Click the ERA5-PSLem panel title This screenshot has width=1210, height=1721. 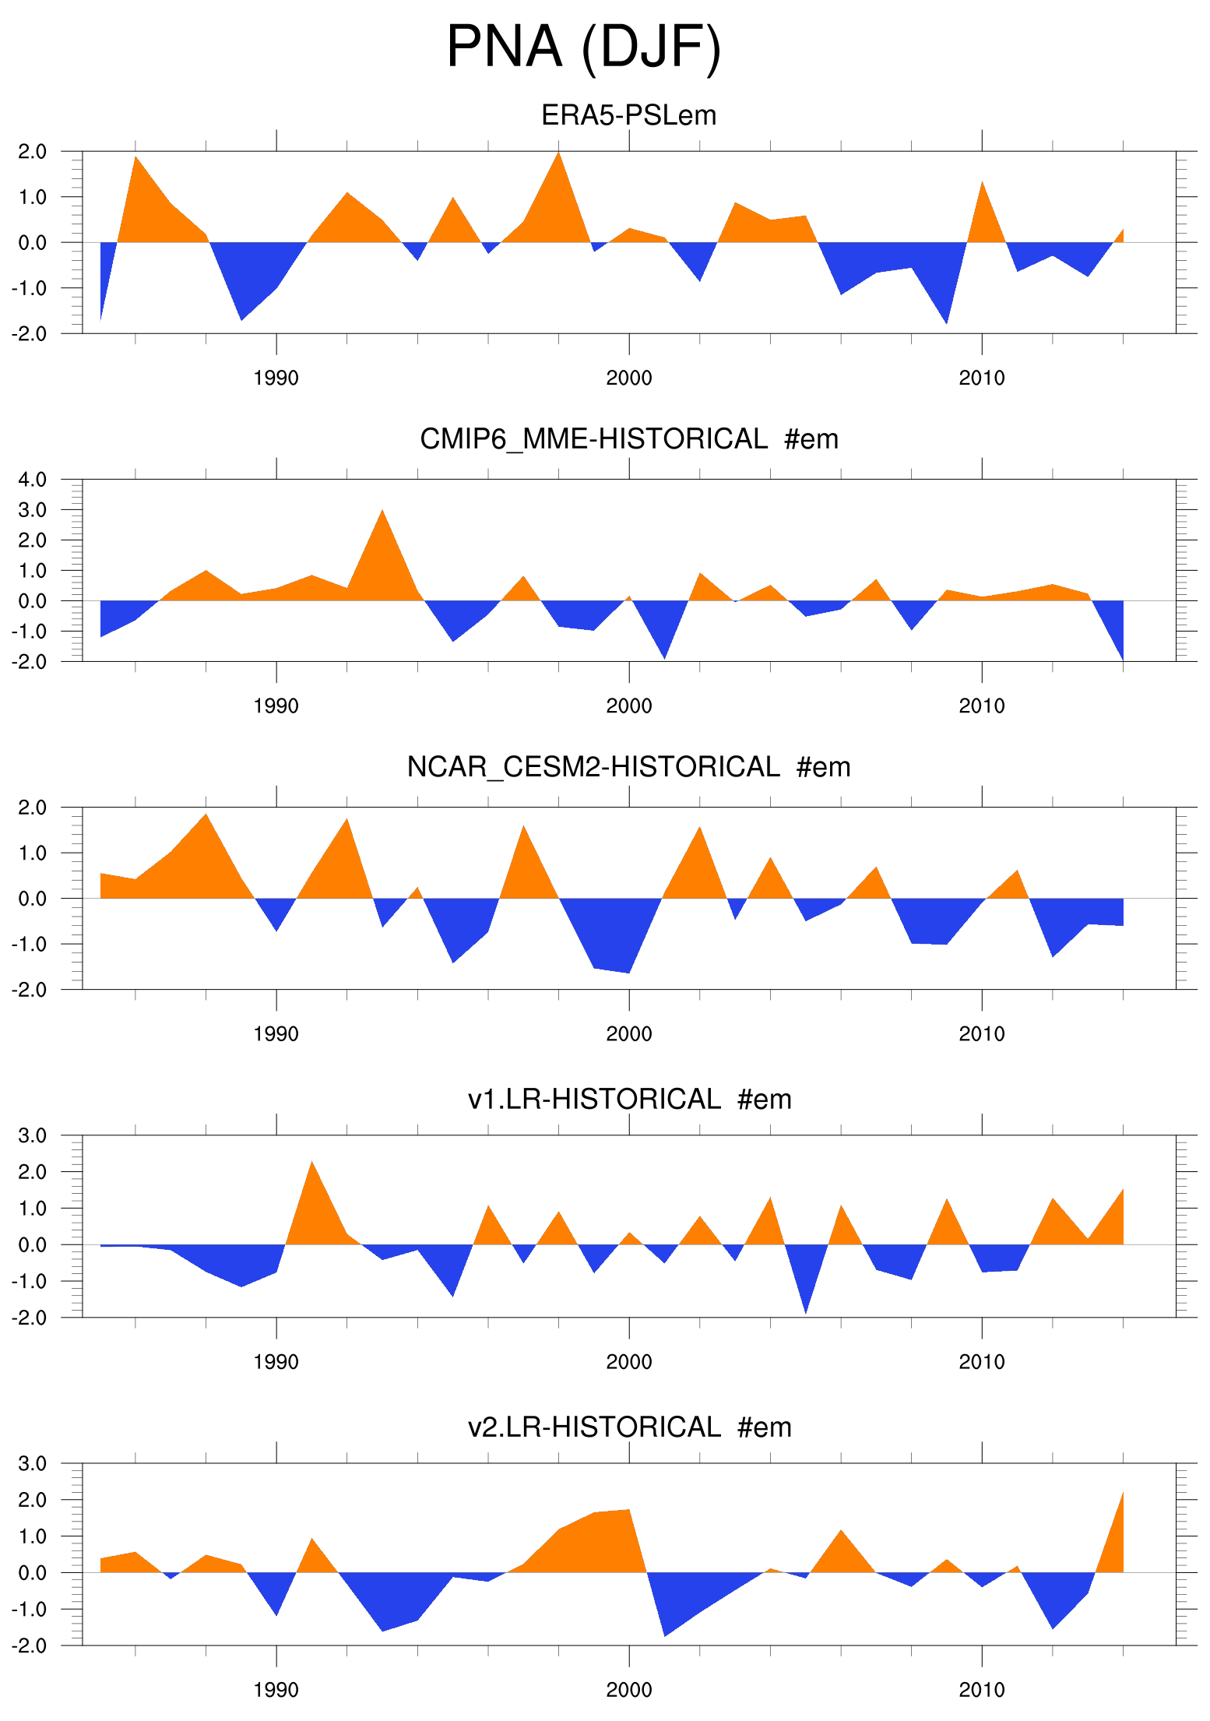coord(628,115)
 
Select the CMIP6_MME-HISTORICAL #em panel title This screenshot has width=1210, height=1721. coord(628,439)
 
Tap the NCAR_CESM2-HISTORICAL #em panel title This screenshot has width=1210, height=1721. coord(628,767)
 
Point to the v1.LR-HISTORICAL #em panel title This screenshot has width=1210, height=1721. coord(628,1100)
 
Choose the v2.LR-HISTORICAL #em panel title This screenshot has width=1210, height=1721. coord(628,1427)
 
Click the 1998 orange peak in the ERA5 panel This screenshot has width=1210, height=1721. coord(558,156)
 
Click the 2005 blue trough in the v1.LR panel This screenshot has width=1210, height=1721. coord(805,1308)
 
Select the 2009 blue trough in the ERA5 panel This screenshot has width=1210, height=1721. coord(946,319)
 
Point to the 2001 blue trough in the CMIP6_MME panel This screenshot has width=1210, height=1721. coord(663,654)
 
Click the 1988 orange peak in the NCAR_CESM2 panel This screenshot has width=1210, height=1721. coord(206,818)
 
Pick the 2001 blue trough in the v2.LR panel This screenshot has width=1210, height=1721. coord(664,1631)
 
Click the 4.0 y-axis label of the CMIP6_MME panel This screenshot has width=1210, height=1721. coord(32,480)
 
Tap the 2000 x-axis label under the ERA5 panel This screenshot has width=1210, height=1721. coord(628,378)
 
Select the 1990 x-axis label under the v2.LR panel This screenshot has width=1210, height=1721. coord(276,1691)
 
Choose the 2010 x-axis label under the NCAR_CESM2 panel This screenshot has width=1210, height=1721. coord(981,1034)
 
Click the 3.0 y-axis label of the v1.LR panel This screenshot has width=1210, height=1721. coord(32,1135)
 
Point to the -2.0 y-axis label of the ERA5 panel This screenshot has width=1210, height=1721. coord(29,334)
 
